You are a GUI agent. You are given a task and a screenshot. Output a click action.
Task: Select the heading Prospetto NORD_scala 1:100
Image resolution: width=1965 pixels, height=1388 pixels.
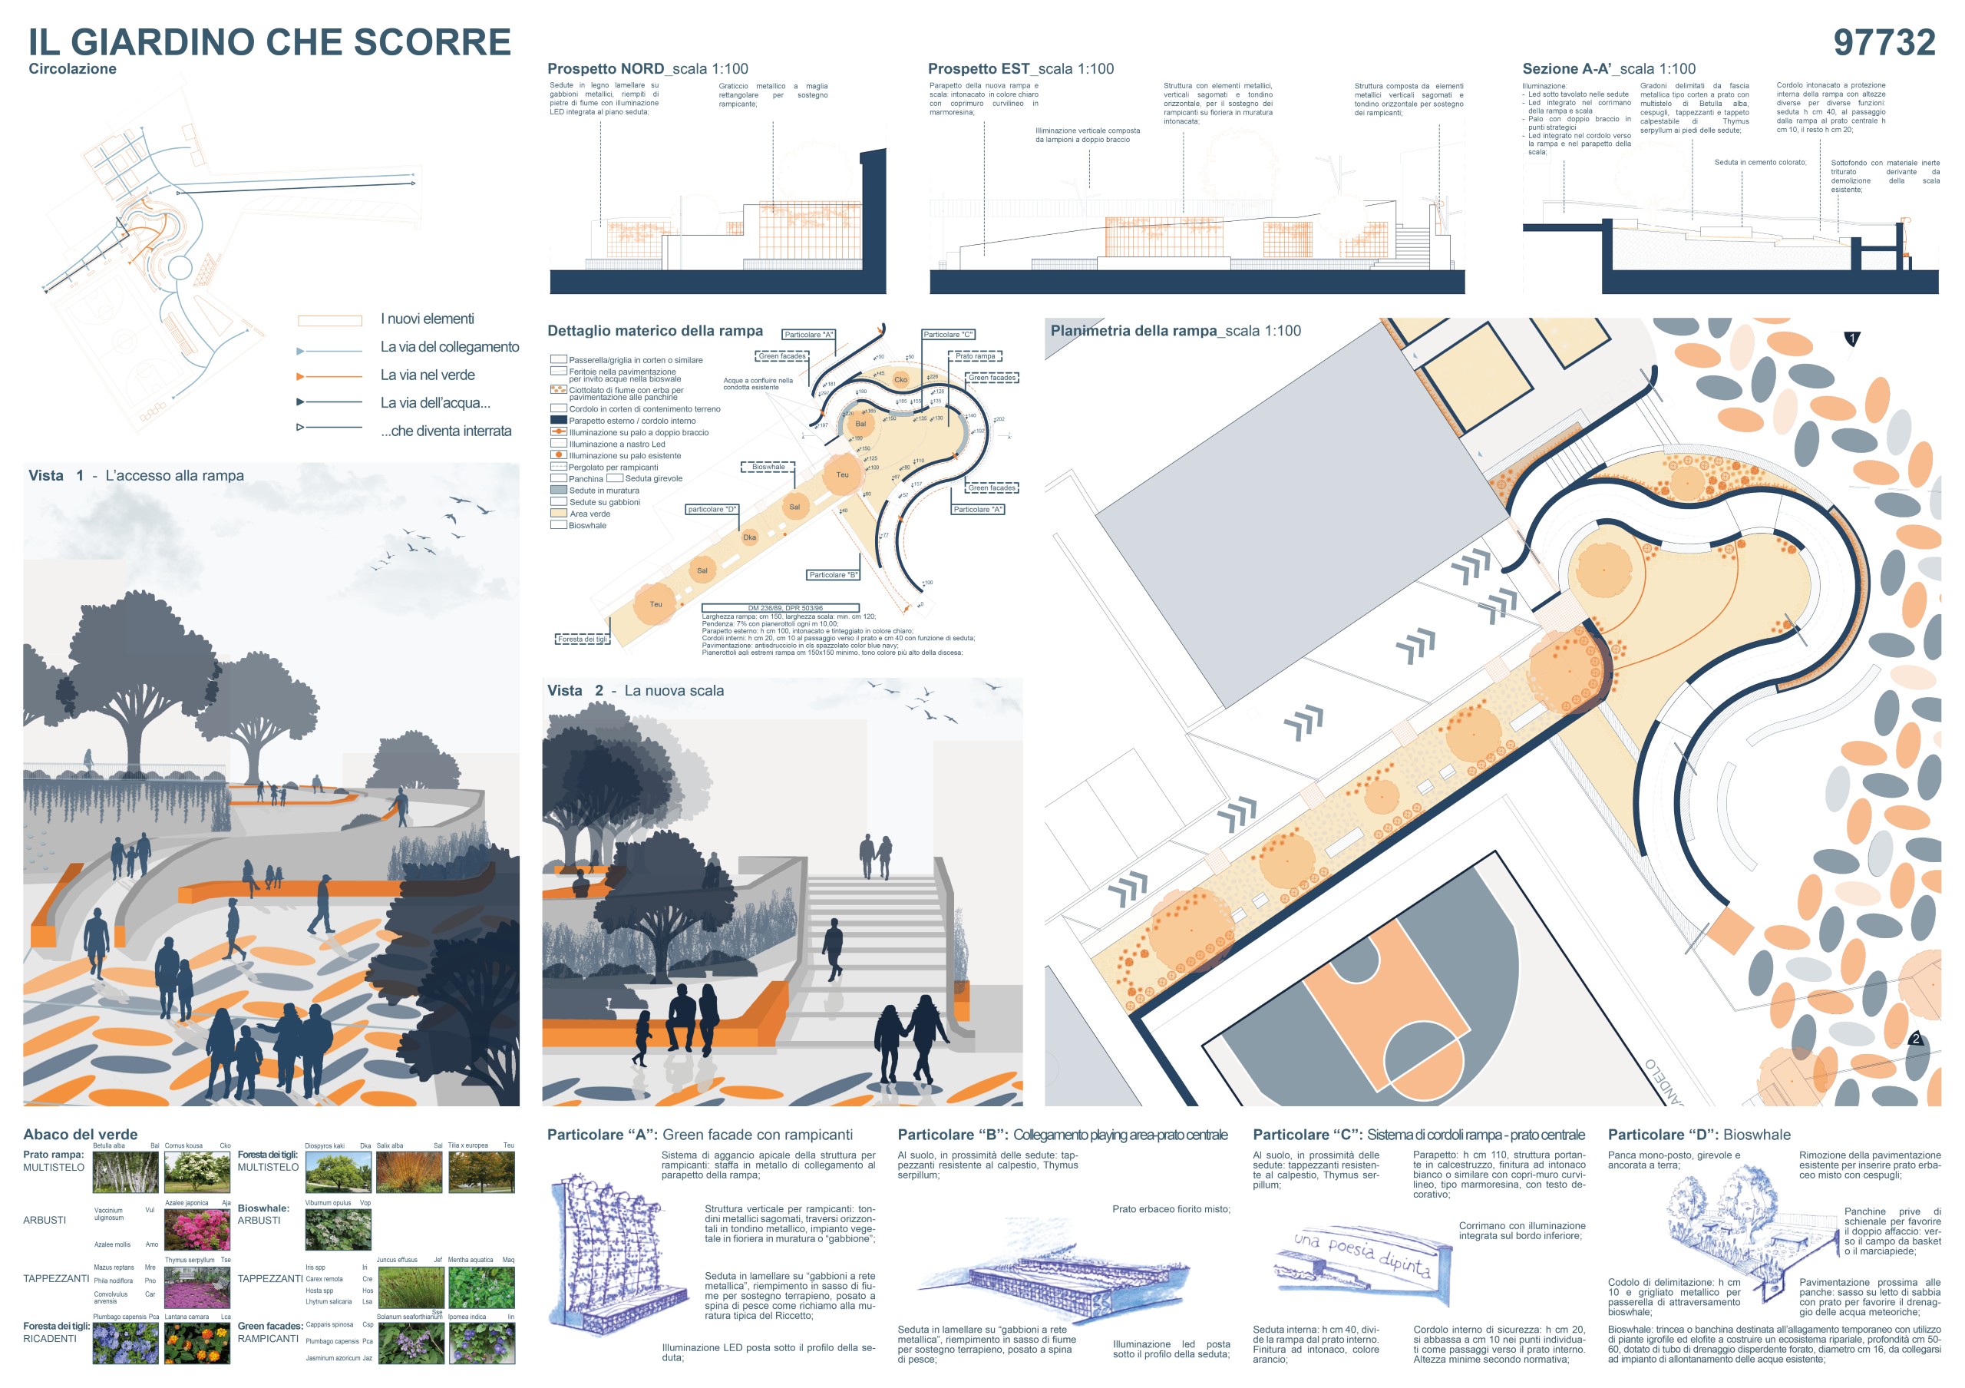(647, 69)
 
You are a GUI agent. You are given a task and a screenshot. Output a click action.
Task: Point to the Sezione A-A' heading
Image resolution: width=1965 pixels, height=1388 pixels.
(1608, 69)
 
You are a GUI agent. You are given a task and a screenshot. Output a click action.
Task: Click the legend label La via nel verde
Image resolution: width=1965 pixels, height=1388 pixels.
(427, 375)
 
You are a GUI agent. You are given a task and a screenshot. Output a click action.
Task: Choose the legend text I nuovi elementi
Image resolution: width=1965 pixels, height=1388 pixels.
(427, 319)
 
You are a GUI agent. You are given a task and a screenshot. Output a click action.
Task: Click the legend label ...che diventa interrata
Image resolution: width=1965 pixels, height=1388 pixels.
(446, 431)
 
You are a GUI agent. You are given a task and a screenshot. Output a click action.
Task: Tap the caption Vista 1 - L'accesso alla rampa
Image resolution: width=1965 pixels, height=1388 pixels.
(136, 476)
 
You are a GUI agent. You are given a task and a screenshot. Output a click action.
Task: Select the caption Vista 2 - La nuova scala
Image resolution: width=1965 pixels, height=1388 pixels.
(635, 691)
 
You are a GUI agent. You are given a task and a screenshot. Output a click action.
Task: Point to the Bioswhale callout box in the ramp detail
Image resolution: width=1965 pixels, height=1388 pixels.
(768, 468)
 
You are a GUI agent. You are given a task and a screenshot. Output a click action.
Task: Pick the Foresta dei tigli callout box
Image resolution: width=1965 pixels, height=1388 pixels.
(582, 639)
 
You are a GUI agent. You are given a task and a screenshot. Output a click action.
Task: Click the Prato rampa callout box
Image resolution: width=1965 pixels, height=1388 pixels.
(975, 356)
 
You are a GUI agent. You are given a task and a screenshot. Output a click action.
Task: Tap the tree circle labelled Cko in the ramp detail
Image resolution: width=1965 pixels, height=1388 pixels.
(900, 379)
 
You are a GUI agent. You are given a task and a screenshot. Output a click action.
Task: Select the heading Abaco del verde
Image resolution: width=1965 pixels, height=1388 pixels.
(81, 1135)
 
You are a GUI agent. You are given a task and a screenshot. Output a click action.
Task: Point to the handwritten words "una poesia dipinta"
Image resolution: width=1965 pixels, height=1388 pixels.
(1362, 1253)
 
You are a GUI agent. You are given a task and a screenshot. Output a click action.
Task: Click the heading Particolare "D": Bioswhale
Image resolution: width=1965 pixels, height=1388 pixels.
(1699, 1135)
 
